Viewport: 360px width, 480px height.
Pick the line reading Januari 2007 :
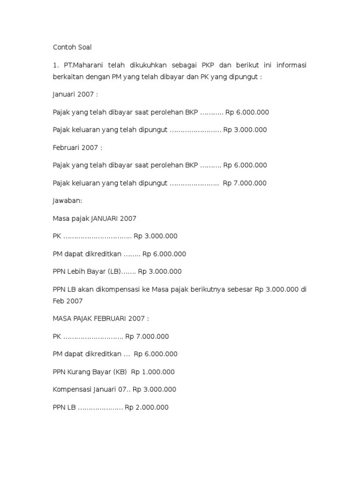(75, 95)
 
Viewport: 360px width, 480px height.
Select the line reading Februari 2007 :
(77, 148)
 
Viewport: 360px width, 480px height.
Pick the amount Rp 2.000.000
(146, 407)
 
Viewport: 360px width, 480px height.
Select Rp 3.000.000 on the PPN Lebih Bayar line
(160, 271)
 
